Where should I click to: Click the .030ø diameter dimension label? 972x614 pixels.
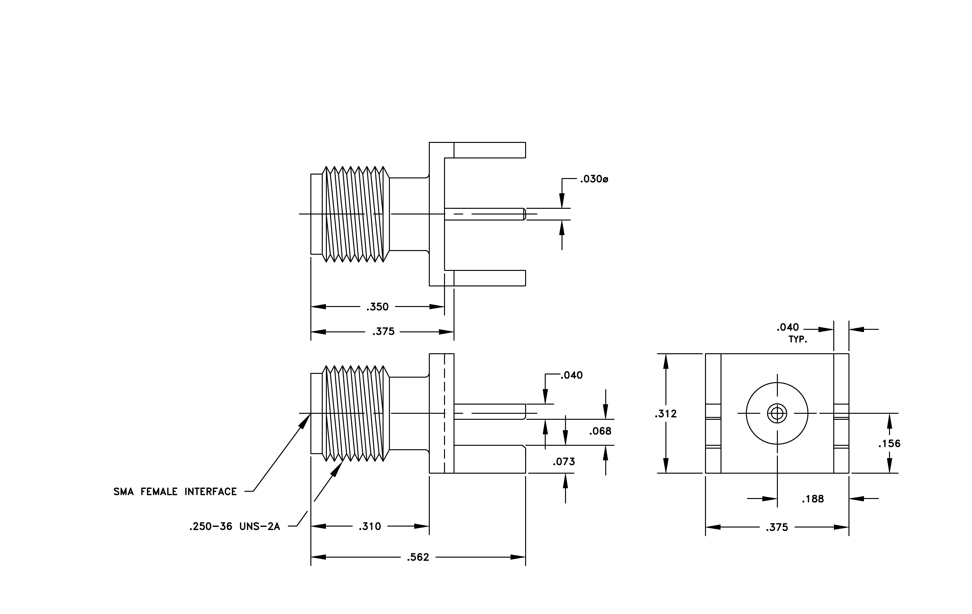click(x=594, y=179)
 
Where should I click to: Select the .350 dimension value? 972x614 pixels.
click(x=378, y=307)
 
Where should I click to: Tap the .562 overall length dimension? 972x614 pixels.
click(x=418, y=557)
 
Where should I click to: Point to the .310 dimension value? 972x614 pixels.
click(x=370, y=527)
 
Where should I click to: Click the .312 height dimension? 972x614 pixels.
click(x=666, y=413)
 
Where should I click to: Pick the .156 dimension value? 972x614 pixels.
click(x=889, y=444)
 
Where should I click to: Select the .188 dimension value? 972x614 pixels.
click(x=813, y=499)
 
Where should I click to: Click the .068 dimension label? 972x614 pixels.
click(x=600, y=431)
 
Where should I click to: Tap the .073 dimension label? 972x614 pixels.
click(x=564, y=461)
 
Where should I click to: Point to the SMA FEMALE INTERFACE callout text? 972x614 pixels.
click(x=175, y=492)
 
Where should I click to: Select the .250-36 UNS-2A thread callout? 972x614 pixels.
click(x=234, y=527)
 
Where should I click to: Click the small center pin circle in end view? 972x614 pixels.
click(x=777, y=413)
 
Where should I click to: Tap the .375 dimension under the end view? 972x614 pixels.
click(x=777, y=527)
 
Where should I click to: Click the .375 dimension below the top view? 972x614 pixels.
click(x=384, y=331)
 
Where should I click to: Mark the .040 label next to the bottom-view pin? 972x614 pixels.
click(x=572, y=375)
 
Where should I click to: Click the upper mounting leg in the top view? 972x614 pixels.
click(x=490, y=150)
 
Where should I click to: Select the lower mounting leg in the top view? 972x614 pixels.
click(x=490, y=278)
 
